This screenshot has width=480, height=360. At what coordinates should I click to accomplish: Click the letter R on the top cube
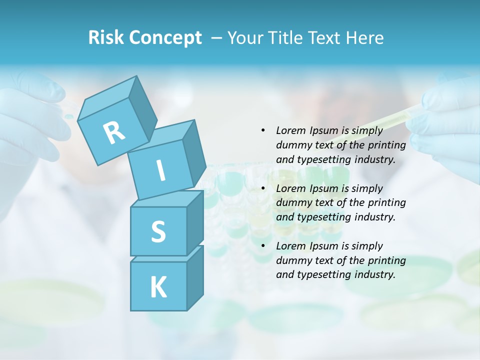[114, 133]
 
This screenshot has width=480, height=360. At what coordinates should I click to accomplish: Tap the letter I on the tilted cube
[161, 170]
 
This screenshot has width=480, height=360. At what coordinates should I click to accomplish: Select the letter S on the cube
[158, 231]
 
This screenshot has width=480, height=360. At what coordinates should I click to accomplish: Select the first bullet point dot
[263, 130]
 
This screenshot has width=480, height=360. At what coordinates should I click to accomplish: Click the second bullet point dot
[263, 188]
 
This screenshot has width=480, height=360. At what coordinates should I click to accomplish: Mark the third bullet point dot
[263, 246]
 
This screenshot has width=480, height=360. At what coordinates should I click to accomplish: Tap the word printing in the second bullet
[386, 203]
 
